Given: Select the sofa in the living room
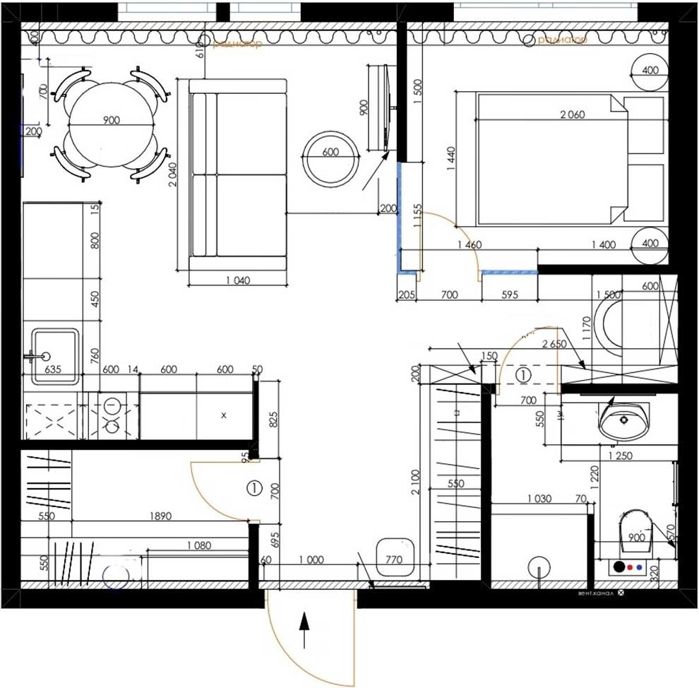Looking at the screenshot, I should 239,174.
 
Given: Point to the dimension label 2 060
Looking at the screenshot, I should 571,115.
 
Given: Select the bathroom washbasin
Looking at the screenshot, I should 625,421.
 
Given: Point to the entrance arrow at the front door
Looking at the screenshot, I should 304,629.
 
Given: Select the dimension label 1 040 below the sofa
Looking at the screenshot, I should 238,280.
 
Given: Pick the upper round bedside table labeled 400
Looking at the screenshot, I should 650,71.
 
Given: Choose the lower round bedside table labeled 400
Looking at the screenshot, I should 650,244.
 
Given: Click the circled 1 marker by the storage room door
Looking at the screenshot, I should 254,487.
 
